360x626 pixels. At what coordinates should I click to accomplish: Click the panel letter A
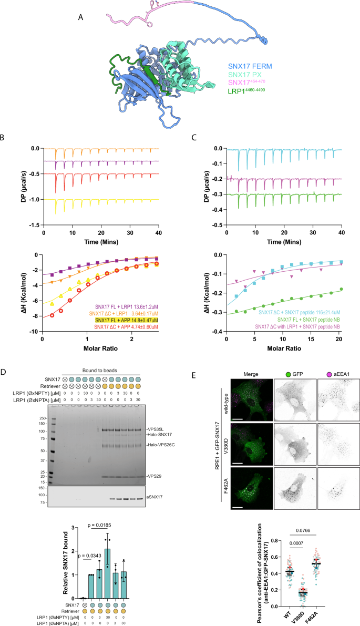[80, 17]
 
